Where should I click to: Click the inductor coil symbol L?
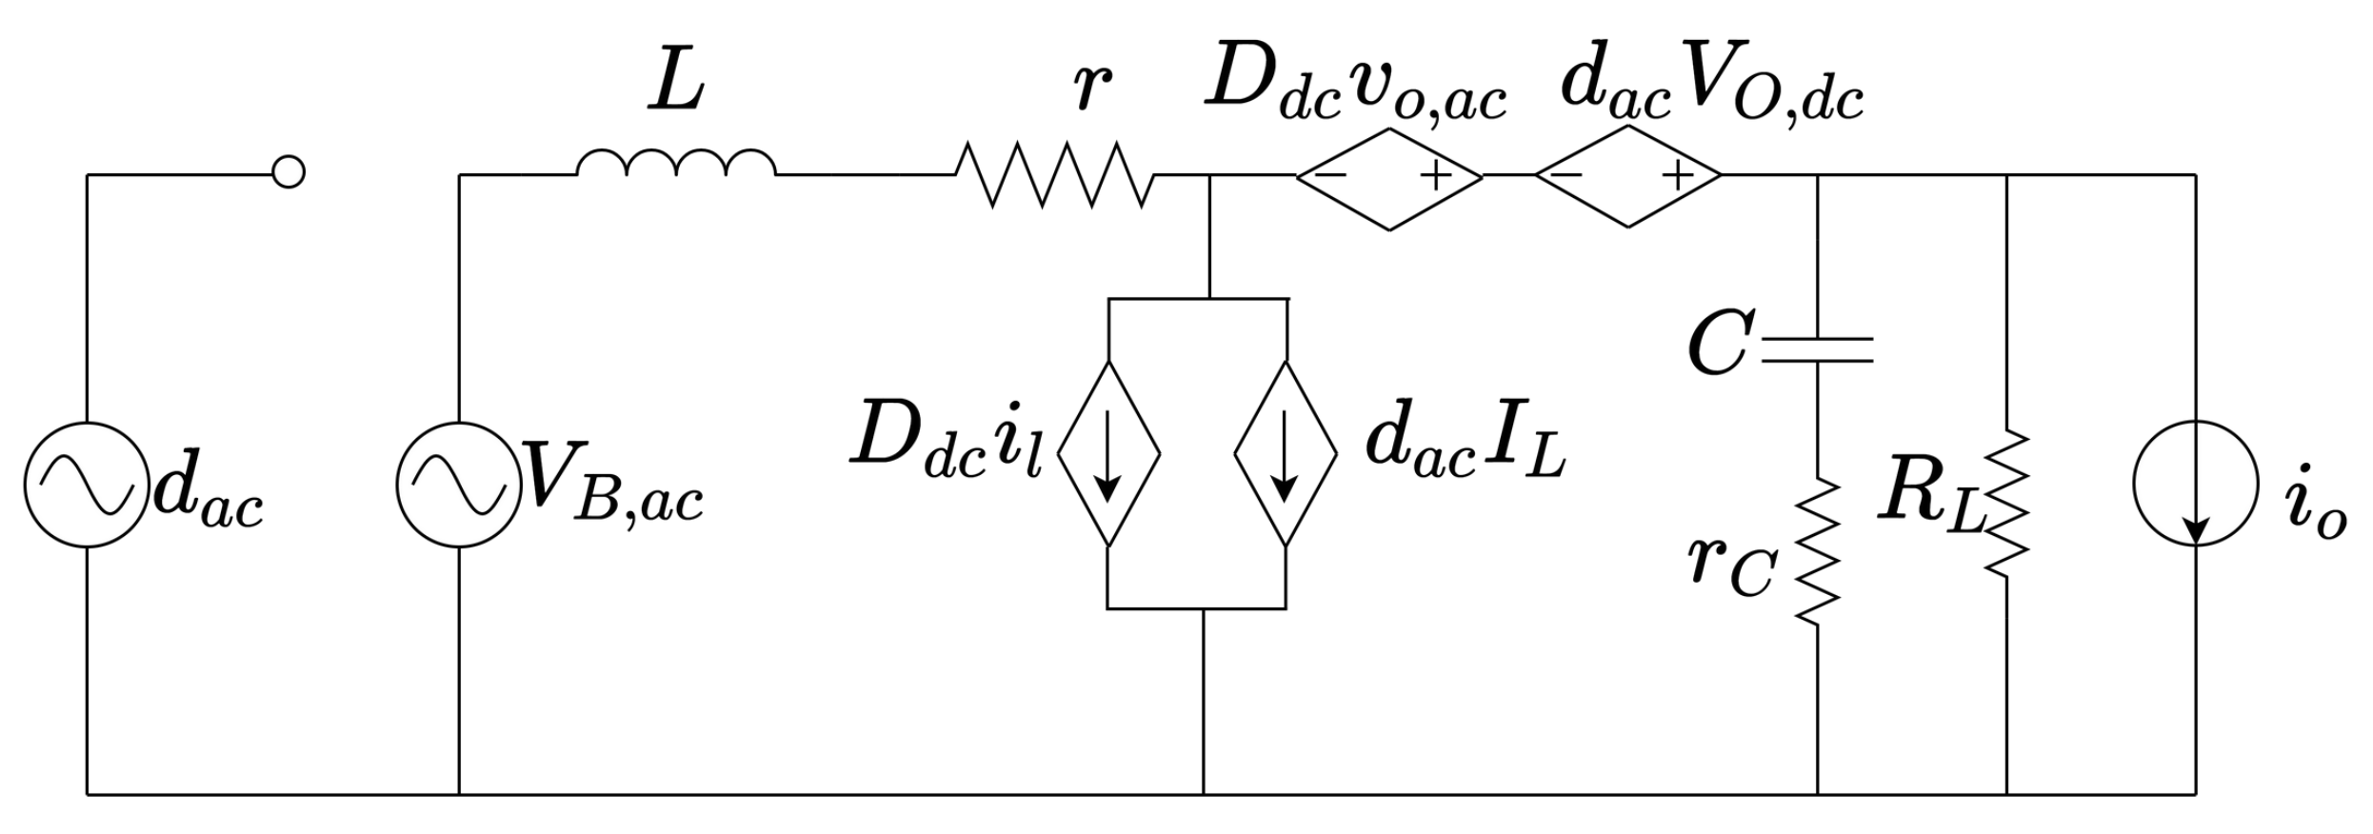676,164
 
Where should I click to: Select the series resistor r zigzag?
1054,174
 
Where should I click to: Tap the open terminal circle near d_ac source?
289,172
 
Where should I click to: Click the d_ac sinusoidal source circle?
87,485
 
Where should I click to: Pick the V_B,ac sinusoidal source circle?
459,485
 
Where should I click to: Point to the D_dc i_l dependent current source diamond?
1108,453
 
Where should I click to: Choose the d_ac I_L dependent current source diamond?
1286,453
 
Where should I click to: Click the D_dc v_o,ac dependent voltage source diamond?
1389,176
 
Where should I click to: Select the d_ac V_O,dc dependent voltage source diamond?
1627,176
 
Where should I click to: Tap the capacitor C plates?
1817,349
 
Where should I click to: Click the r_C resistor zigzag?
1817,552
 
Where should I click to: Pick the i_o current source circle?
2195,484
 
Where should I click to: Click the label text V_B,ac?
614,487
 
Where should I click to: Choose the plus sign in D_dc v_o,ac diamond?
1435,176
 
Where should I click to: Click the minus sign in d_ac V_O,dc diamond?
1565,175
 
